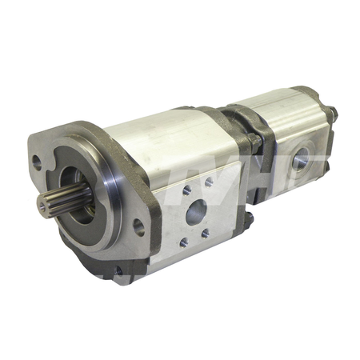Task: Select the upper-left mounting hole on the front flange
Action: point(37,159)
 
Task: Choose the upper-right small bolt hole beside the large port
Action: point(210,182)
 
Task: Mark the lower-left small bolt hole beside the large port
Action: point(184,241)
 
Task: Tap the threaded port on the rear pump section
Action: point(303,161)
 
